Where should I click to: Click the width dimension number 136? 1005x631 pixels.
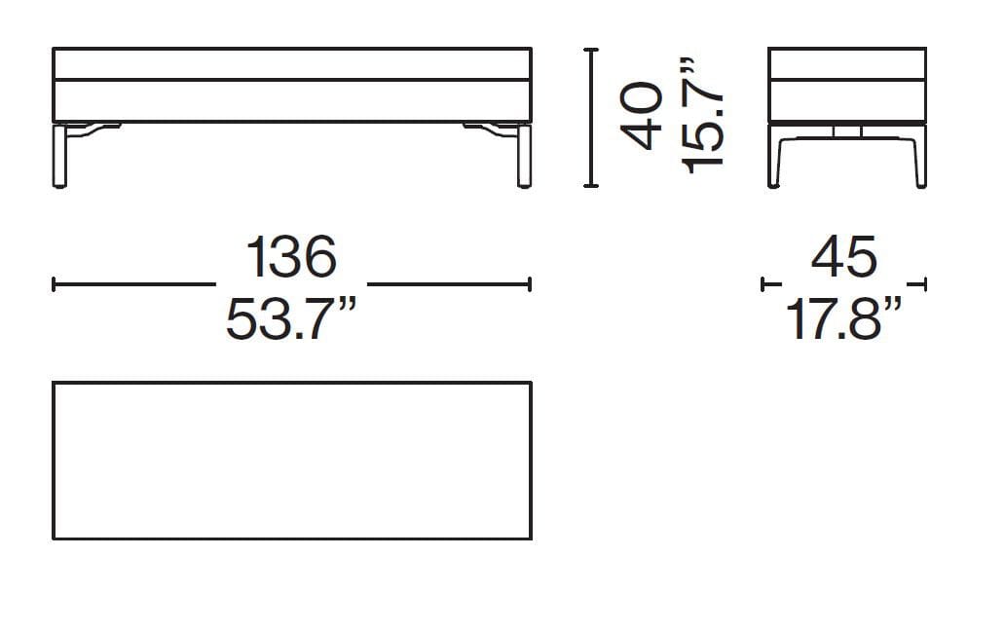[291, 257]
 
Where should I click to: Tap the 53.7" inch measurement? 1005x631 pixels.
[291, 320]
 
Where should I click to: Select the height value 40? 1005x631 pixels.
[643, 116]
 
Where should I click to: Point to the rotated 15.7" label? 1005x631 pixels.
[702, 116]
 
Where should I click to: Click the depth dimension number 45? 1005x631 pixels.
[844, 257]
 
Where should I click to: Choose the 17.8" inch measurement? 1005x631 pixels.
[844, 320]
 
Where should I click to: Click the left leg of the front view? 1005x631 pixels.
[61, 155]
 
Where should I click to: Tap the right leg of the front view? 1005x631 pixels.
[523, 155]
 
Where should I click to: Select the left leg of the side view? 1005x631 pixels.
[776, 156]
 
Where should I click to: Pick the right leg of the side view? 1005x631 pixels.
[918, 156]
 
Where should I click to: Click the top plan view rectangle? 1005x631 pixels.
[291, 460]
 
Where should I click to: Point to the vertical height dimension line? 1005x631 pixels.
[589, 116]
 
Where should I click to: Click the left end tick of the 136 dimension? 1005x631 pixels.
[54, 284]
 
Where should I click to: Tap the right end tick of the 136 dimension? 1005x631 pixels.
[530, 284]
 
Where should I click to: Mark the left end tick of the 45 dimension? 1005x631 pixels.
[763, 284]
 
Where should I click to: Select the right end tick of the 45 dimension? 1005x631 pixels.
[924, 284]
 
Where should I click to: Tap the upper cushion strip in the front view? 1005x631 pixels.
[291, 63]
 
